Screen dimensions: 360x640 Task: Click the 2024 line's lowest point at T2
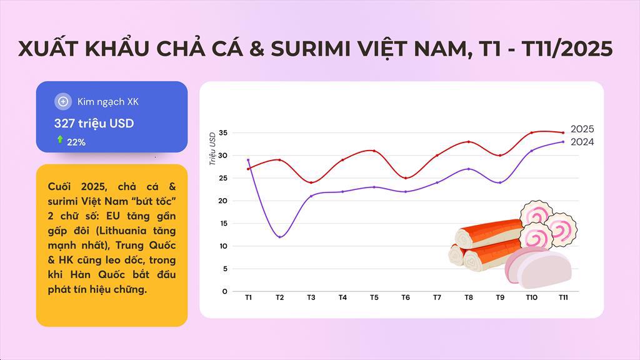tap(279, 237)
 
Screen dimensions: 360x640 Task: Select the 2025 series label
tap(582, 129)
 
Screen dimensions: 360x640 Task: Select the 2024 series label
tap(582, 142)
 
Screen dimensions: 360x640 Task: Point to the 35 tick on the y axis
tap(223, 132)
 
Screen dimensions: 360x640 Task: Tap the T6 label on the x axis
tap(405, 297)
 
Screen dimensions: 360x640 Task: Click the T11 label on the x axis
tap(562, 297)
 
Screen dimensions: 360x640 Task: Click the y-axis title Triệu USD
tap(212, 148)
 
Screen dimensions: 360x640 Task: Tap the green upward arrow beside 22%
tap(60, 140)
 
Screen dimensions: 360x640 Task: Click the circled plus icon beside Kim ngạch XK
tap(62, 101)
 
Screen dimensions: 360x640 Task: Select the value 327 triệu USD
tap(94, 123)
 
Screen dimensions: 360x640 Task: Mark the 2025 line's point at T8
tap(468, 142)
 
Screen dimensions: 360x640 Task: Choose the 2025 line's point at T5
tap(374, 151)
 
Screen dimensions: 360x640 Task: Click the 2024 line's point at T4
tap(342, 191)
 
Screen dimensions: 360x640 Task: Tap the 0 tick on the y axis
tap(225, 291)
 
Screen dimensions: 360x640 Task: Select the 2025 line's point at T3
tap(311, 182)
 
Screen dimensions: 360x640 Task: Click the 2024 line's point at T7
tap(437, 182)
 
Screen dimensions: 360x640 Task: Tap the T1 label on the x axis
tap(248, 297)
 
